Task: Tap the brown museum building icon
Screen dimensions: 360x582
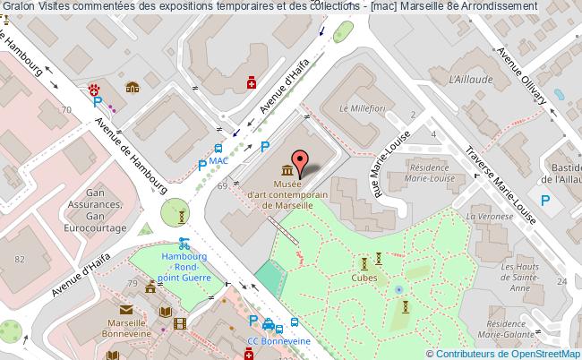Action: pos(287,170)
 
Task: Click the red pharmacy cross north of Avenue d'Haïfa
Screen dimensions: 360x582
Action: pos(252,83)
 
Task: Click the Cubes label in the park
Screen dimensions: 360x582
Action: pos(364,277)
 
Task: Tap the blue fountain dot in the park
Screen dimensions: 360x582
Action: pos(398,289)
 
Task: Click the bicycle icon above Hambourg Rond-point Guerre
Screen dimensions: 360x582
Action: pos(184,242)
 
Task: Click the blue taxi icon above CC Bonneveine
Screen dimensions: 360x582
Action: pos(292,327)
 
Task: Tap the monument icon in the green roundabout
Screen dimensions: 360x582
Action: pos(182,215)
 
